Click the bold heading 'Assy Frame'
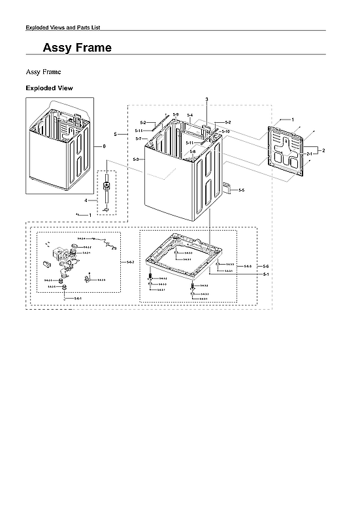[76, 48]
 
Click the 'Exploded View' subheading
[49, 88]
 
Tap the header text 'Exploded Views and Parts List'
[62, 27]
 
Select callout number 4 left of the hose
[86, 199]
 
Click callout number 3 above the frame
[206, 99]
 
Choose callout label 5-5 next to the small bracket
[241, 190]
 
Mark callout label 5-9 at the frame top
[176, 115]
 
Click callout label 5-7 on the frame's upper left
[139, 139]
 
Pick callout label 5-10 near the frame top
[225, 131]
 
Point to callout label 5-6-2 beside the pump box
[130, 262]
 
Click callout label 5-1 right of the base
[266, 275]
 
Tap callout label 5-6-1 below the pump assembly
[77, 298]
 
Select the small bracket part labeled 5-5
[229, 189]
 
